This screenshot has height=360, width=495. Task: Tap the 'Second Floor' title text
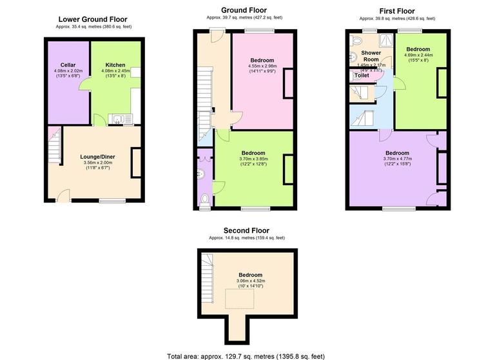tap(246, 230)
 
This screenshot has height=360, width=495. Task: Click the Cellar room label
tap(68, 65)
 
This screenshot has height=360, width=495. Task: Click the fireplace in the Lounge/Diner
tap(137, 162)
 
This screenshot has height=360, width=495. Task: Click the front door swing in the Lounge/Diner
tap(64, 195)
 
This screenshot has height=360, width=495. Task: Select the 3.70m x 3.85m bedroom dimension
tap(257, 158)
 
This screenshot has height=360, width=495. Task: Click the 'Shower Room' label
tap(371, 56)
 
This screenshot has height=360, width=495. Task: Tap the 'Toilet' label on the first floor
tap(362, 75)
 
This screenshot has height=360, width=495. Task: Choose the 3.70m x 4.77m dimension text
tap(397, 158)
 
